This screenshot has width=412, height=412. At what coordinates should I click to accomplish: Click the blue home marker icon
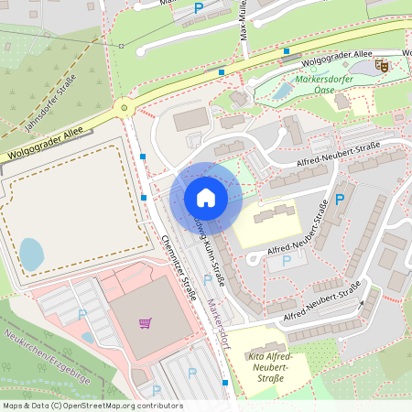click(206, 198)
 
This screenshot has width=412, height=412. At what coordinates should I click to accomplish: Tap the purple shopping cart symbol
click(145, 322)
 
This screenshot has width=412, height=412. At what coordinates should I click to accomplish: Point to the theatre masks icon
click(383, 65)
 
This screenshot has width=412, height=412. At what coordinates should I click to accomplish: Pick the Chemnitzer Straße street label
click(179, 262)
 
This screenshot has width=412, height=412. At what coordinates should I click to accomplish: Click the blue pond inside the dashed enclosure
click(30, 254)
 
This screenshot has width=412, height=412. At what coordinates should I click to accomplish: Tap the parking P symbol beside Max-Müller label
click(199, 8)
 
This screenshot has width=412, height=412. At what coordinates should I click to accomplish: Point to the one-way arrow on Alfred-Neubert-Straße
click(363, 303)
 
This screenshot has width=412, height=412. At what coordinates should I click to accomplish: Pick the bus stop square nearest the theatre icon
click(287, 51)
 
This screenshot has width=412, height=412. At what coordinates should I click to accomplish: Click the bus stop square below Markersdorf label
click(225, 383)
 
